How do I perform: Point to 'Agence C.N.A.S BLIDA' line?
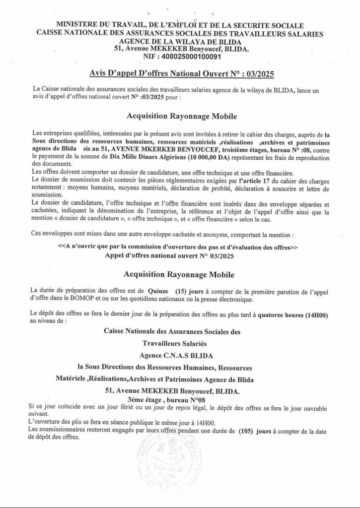(x=180, y=355)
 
